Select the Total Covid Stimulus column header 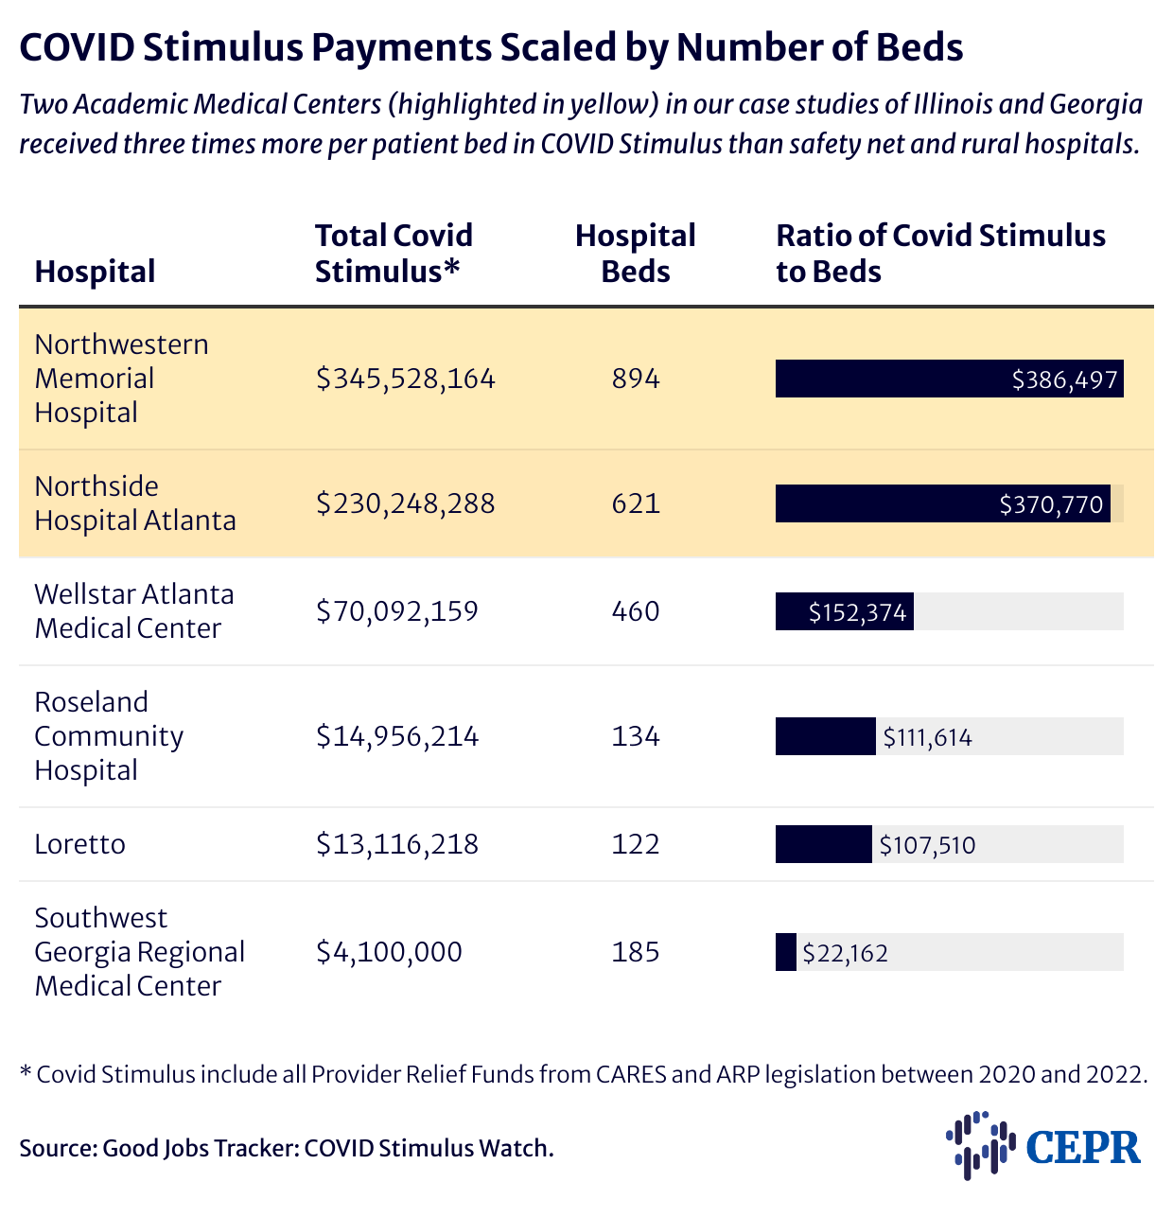tap(394, 253)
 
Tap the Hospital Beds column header tap(635, 253)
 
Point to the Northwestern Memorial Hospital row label tap(121, 378)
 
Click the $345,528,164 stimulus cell tap(406, 379)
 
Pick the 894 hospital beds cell tap(635, 379)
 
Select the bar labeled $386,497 tap(949, 379)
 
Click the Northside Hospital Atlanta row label tap(134, 503)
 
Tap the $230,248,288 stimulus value tap(406, 503)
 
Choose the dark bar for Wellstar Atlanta tap(844, 611)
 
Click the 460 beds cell tap(635, 611)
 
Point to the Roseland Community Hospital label tap(109, 735)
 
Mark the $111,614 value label tap(927, 737)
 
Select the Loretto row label tap(79, 843)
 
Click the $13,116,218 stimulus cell tap(397, 843)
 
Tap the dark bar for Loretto tap(823, 844)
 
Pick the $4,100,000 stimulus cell tap(389, 951)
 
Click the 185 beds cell tap(635, 951)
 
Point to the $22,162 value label tap(845, 953)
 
